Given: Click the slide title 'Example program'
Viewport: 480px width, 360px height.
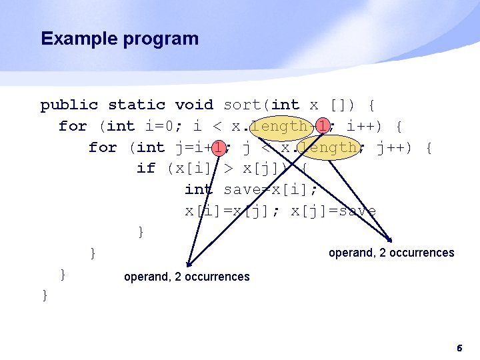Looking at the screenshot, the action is coord(119,39).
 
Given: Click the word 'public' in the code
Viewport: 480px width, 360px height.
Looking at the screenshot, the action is coord(69,105).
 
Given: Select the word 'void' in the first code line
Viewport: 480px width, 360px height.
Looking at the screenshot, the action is coord(194,105).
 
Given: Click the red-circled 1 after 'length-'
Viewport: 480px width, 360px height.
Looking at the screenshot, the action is coord(323,126).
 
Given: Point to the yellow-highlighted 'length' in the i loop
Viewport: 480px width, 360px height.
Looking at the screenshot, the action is coord(281,126).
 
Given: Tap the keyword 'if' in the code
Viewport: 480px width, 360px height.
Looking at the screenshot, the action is coord(145,168).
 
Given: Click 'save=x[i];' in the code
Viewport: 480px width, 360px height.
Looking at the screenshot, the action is coord(271,189).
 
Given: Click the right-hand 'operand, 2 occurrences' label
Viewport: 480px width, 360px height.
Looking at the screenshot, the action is coord(392,253).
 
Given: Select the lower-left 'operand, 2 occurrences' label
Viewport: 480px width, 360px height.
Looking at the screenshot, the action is coord(187,277).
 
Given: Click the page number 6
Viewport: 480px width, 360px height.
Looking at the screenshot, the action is coord(459,348).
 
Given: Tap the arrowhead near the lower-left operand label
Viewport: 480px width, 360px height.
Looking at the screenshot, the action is coord(189,264).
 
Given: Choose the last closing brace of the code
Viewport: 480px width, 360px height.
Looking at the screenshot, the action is coord(45,295).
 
